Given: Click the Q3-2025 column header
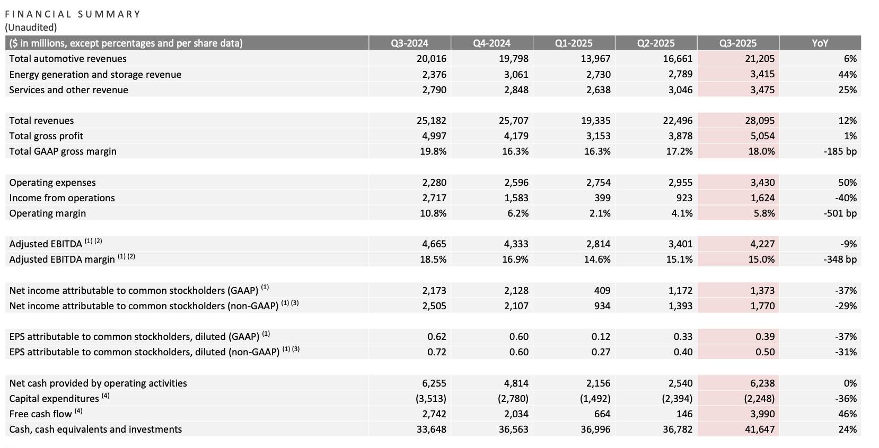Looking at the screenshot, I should (x=737, y=43).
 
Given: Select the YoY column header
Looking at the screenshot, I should (x=820, y=43).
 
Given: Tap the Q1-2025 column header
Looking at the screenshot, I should (x=574, y=43).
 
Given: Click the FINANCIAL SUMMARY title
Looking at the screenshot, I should (x=73, y=14).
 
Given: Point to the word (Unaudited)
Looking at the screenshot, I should (x=31, y=28).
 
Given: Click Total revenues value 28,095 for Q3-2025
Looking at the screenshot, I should (x=760, y=121).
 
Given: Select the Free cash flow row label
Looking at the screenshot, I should (x=40, y=414).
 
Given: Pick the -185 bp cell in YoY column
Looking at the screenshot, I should (x=840, y=151).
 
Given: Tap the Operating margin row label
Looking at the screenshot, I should (x=47, y=213).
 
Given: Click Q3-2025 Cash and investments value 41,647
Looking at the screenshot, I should (x=760, y=429).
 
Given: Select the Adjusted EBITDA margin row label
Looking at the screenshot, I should (x=61, y=259).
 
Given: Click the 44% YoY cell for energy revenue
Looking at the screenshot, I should (x=847, y=75).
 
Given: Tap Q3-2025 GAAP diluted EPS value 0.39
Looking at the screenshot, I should (x=764, y=337).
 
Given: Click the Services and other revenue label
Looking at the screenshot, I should (x=68, y=90).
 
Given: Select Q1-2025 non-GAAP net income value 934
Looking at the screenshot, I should (x=602, y=306).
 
